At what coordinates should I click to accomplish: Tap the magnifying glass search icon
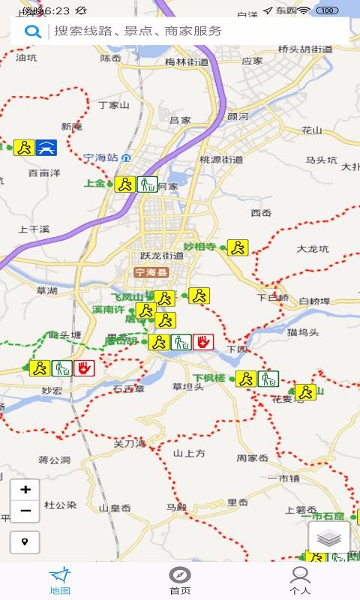32,31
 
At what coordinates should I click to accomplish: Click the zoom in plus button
25,490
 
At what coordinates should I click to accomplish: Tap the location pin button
25,541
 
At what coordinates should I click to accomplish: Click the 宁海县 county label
151,272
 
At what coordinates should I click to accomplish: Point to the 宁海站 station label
101,157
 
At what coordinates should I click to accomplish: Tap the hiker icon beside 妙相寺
238,247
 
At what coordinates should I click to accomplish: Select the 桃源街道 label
221,159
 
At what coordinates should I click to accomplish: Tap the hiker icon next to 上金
124,184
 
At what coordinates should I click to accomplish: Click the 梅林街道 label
187,62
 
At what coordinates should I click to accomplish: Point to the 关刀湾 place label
128,443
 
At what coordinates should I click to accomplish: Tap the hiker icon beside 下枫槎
245,379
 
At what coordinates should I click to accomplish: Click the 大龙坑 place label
313,248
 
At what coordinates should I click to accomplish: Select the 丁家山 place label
114,105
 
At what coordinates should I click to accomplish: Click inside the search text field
195,31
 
